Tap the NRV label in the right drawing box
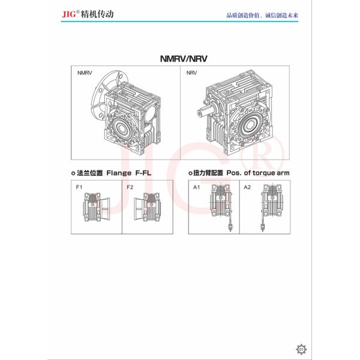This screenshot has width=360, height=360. tap(191, 73)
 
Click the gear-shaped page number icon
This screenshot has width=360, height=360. tap(302, 349)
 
